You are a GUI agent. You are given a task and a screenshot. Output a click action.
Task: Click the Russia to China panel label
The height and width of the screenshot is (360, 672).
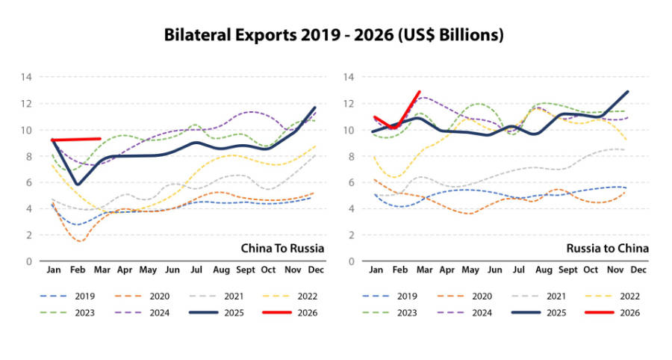608,247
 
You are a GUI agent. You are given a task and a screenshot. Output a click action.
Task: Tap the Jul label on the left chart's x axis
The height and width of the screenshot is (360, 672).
196,269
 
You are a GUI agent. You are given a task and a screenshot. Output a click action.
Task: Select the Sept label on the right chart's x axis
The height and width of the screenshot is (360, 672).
567,269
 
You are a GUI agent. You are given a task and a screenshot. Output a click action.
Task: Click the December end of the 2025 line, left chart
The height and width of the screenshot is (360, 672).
314,108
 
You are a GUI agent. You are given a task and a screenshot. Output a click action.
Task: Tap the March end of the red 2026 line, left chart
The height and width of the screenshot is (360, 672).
100,138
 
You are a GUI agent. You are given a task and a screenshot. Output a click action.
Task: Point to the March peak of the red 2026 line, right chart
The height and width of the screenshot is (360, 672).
419,92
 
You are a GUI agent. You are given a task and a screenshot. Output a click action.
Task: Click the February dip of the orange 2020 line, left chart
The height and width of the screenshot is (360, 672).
79,240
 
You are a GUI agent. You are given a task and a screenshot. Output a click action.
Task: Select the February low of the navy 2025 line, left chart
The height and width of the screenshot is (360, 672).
77,184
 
